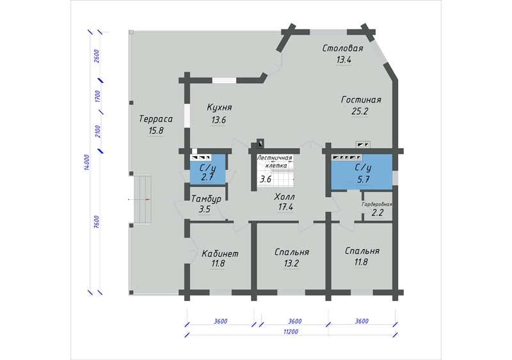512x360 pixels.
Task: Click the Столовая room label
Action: tap(342, 48)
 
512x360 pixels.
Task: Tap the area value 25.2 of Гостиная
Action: tap(360, 111)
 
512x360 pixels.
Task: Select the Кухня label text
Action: tap(220, 107)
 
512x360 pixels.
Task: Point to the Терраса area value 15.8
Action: tap(156, 131)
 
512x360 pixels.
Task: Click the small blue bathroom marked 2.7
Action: tap(208, 170)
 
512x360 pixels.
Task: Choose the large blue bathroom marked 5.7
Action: tap(362, 172)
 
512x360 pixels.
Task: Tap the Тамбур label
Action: tap(206, 199)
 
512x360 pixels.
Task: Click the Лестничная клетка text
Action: tap(275, 161)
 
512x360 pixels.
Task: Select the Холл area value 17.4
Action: tap(285, 207)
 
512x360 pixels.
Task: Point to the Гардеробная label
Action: tap(377, 204)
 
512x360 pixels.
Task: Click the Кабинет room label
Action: tap(220, 253)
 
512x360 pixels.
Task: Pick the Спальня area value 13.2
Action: tap(291, 263)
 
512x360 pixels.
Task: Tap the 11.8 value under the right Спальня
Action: tap(361, 262)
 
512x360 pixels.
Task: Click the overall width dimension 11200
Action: tap(291, 332)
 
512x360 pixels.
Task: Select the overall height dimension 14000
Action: tap(86, 162)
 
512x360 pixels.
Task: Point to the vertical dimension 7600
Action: tap(97, 222)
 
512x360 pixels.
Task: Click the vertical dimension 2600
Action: tap(97, 56)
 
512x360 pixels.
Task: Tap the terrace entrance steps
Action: tap(141, 199)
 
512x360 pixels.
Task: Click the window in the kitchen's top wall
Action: tap(225, 80)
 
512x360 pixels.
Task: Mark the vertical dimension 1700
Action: tap(97, 97)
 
